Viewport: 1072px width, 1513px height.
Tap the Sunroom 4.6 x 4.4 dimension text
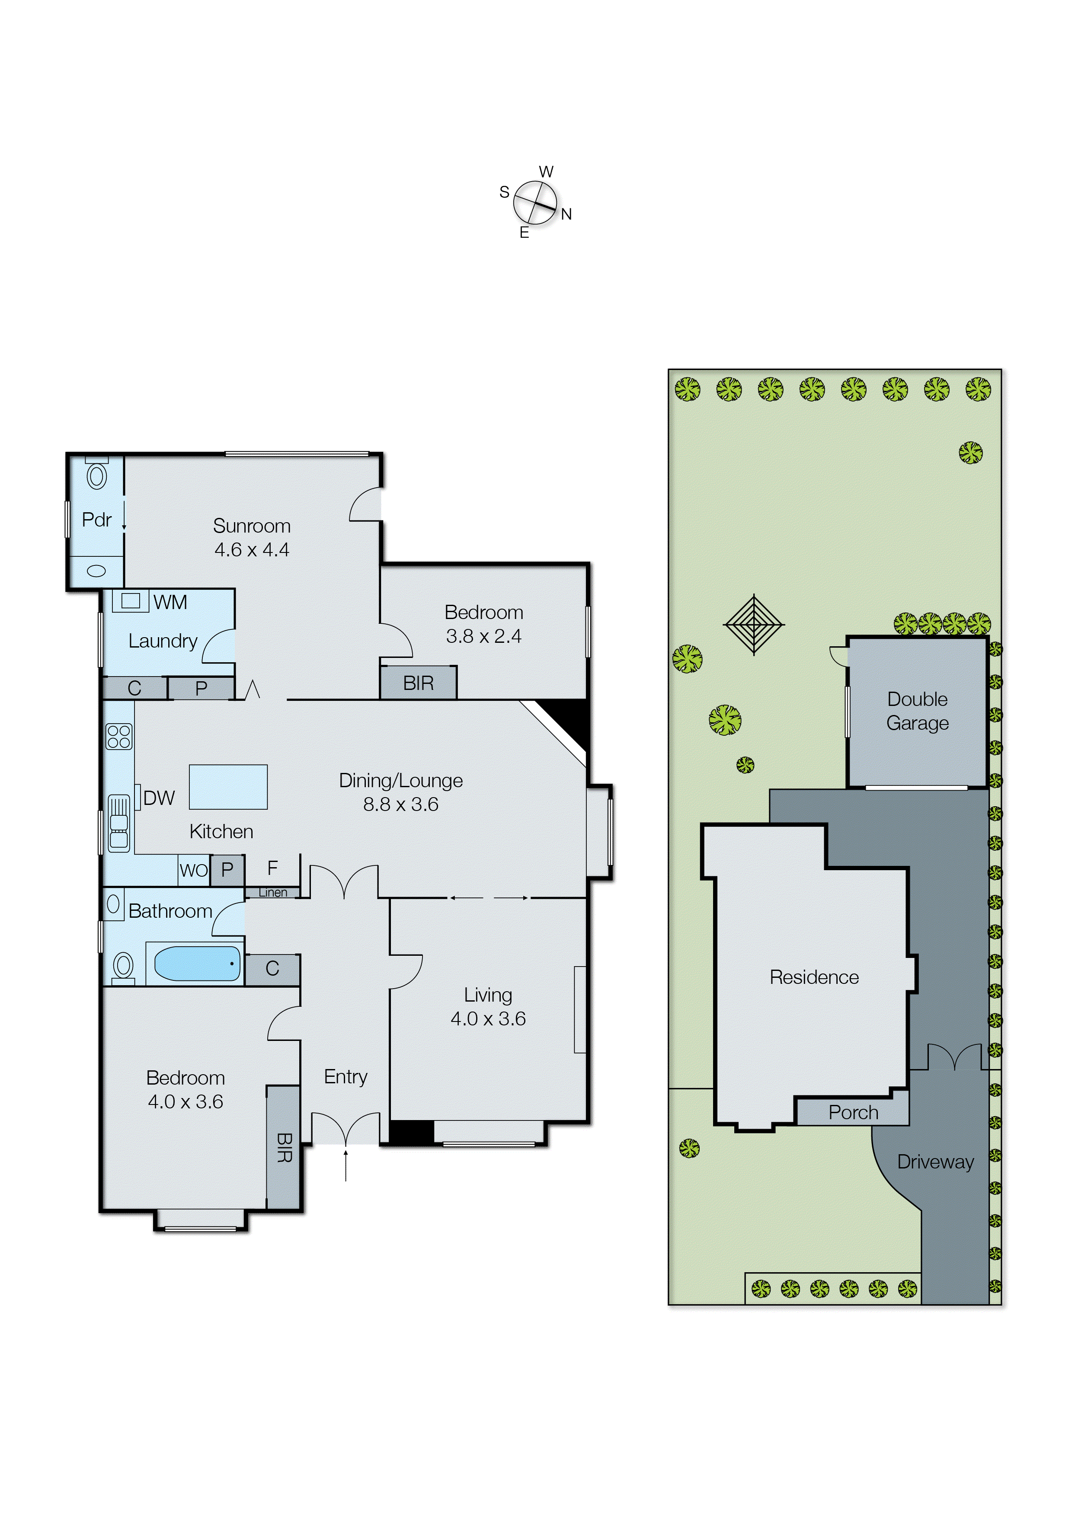click(252, 549)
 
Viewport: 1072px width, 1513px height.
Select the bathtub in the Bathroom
click(197, 964)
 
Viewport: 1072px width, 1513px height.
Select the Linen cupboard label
click(272, 893)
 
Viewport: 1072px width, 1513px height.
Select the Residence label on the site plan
click(814, 977)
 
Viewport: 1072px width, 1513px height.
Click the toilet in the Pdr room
click(96, 476)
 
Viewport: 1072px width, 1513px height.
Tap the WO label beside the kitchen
click(193, 870)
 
